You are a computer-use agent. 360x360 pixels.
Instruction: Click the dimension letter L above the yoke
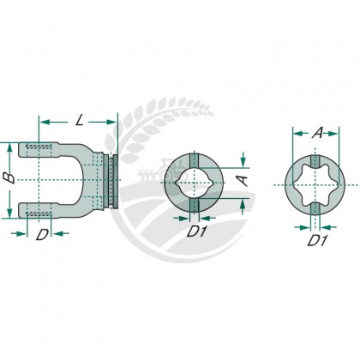pos(80,120)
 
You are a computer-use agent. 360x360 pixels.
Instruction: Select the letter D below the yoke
pos(42,235)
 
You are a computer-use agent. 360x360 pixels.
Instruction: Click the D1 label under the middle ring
pos(196,231)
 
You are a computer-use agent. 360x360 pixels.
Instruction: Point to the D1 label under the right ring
pos(317,240)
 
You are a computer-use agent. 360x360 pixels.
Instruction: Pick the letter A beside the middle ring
pos(243,181)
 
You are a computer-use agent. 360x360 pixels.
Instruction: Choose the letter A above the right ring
pos(317,133)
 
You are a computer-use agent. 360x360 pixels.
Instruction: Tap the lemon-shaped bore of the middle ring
pos(194,183)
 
